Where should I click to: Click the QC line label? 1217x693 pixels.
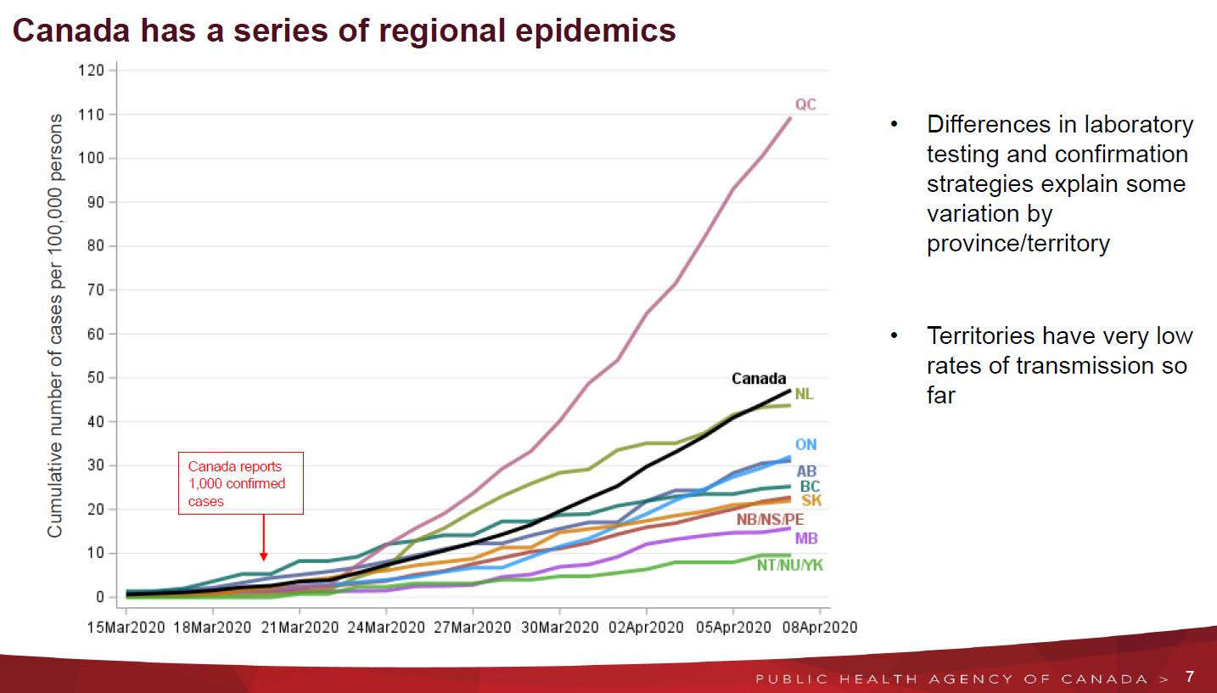(x=805, y=104)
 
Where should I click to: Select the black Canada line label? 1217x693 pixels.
(x=759, y=379)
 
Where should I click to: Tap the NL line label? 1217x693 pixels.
(x=804, y=394)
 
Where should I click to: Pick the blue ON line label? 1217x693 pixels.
(x=805, y=445)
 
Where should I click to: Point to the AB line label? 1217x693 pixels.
(x=806, y=471)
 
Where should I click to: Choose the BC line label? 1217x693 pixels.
(x=810, y=487)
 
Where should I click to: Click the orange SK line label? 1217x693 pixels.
(x=811, y=501)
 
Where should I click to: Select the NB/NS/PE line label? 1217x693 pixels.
(x=770, y=520)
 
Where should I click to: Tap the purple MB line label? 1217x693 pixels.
(x=806, y=538)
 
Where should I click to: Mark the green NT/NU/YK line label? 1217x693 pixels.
(x=789, y=565)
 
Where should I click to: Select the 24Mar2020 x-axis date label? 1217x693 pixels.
(x=385, y=628)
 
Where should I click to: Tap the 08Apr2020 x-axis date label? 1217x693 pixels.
(x=818, y=628)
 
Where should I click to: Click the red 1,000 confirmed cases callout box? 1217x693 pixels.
(x=240, y=483)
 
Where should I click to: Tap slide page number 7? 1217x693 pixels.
(x=1190, y=677)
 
